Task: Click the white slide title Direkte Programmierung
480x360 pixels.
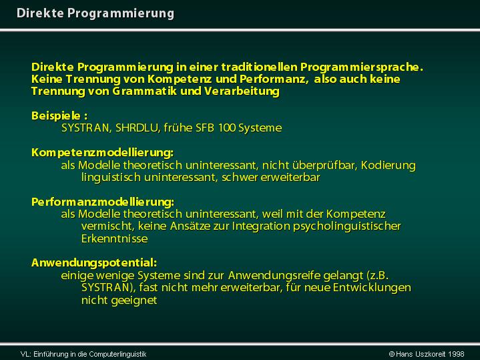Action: click(95, 13)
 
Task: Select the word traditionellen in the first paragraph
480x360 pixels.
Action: click(258, 67)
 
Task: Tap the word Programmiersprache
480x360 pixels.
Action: click(362, 67)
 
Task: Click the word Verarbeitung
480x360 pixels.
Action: click(242, 92)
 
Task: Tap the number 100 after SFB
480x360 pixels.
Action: click(226, 128)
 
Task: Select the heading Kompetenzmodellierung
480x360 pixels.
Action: click(102, 153)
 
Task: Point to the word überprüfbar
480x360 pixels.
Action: click(324, 166)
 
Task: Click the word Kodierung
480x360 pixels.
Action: click(388, 166)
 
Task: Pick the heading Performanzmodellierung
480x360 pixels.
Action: click(103, 202)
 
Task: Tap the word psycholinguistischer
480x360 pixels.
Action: click(347, 226)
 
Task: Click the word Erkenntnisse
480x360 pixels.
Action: click(114, 238)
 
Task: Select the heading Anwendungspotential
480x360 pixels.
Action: click(94, 263)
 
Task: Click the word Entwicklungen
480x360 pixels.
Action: click(372, 288)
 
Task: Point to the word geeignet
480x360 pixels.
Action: click(134, 301)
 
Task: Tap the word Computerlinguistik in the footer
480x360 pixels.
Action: click(118, 354)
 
